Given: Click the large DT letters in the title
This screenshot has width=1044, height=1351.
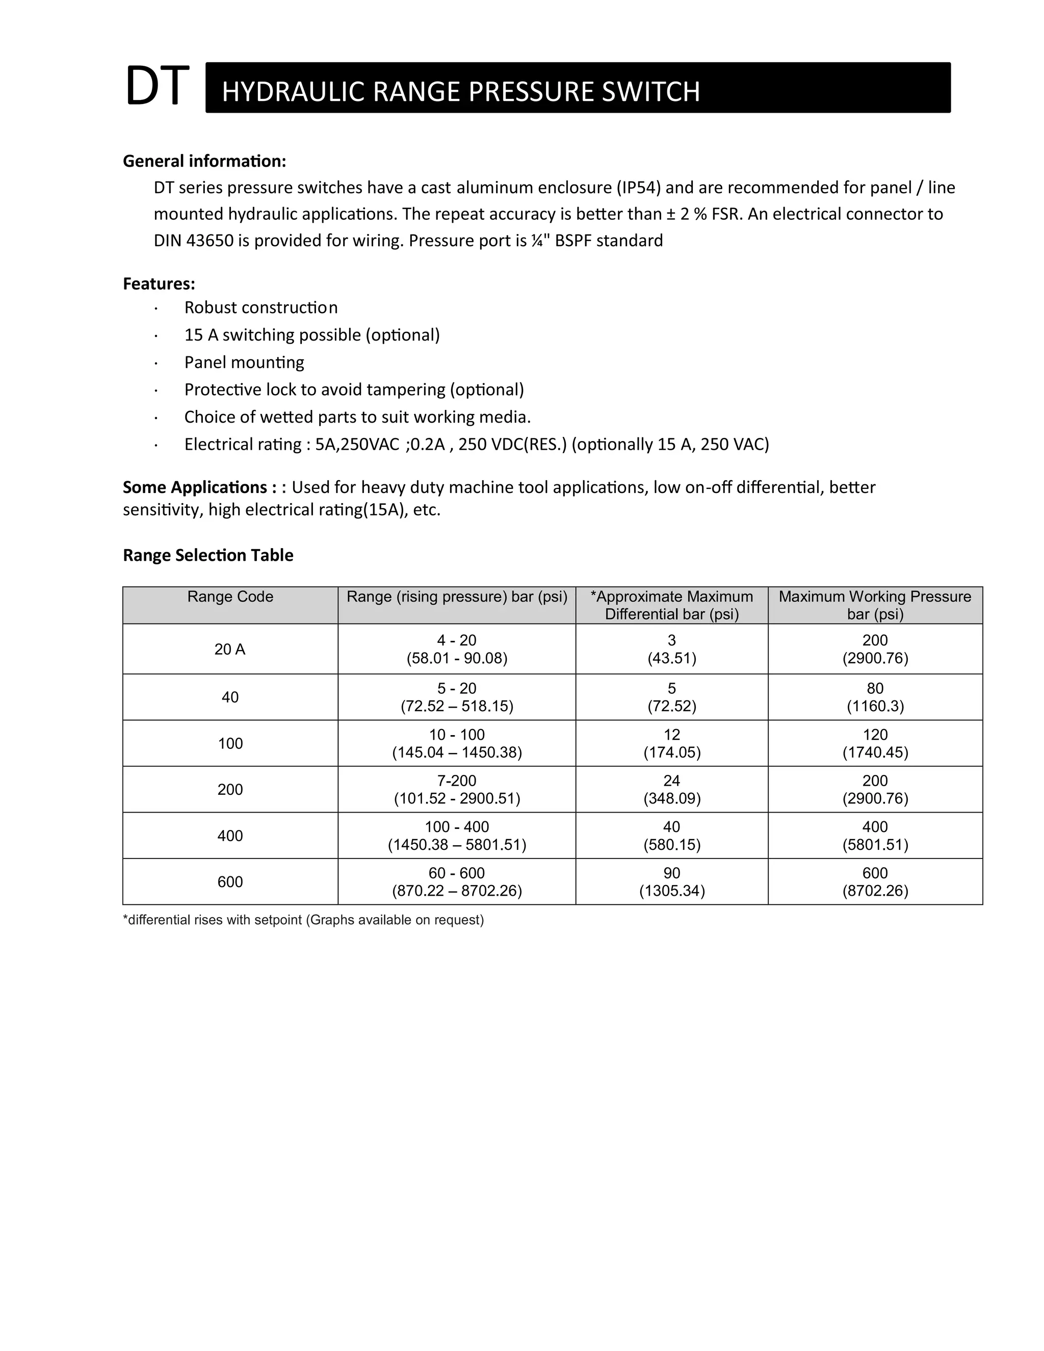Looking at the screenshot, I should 156,86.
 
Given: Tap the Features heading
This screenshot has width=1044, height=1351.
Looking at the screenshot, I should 159,283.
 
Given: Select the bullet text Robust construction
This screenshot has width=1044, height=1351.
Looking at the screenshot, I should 260,307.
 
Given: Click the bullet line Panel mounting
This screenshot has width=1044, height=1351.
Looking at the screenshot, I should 244,362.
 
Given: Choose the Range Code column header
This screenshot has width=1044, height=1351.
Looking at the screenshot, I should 230,597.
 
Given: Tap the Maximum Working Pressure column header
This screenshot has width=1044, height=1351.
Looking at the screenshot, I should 875,605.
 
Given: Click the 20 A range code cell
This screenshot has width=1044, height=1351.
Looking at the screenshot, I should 230,649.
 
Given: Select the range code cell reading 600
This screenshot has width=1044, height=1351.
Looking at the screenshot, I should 230,881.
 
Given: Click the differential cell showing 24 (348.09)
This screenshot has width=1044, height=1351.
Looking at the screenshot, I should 672,789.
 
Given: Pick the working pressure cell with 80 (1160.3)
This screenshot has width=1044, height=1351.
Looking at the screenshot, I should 875,697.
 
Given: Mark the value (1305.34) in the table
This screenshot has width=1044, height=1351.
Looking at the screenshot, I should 672,891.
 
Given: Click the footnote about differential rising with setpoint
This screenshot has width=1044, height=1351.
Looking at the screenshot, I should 303,920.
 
